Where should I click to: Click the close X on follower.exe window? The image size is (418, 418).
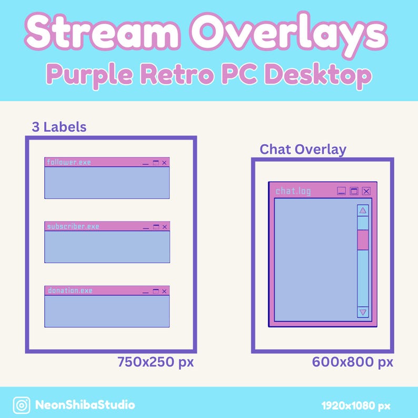tap(164, 163)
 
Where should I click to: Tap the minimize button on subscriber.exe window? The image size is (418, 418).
tap(146, 227)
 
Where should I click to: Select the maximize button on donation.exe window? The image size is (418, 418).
tap(155, 291)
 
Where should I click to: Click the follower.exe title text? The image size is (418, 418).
tap(68, 162)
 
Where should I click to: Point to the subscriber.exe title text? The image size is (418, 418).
tap(73, 226)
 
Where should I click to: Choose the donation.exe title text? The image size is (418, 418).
tap(70, 291)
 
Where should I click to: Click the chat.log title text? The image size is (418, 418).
tap(293, 191)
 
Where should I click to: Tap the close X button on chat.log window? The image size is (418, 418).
tap(366, 191)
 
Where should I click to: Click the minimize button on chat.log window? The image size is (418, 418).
tap(342, 191)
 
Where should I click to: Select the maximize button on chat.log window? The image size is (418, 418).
tap(354, 191)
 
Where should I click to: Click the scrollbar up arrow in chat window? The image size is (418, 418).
tap(363, 211)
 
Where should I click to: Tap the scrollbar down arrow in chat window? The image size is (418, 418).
tap(363, 312)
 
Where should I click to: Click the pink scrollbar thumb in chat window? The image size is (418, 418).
tap(363, 240)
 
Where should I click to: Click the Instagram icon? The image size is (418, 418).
tap(22, 405)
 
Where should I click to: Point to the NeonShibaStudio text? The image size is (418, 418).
tap(85, 405)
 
